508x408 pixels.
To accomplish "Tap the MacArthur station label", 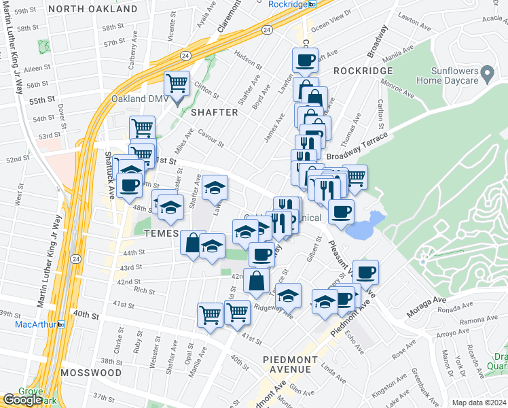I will click(x=35, y=324).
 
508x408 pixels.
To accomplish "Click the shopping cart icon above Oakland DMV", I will click(x=177, y=84).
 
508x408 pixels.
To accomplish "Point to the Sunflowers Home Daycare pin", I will click(x=486, y=72).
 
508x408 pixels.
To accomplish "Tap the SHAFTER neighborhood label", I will click(x=214, y=112).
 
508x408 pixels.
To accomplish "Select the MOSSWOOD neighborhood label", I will click(x=90, y=373).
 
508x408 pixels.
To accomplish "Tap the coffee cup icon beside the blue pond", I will click(x=341, y=211).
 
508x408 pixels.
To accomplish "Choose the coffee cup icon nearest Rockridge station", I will click(x=306, y=60).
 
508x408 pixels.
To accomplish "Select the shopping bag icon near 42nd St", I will click(x=256, y=279).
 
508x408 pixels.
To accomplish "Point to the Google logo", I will click(x=23, y=400).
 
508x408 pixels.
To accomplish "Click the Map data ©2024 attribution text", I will click(x=478, y=403).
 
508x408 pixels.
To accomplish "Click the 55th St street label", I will click(x=41, y=100).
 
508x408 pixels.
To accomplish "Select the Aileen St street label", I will click(x=36, y=69).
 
